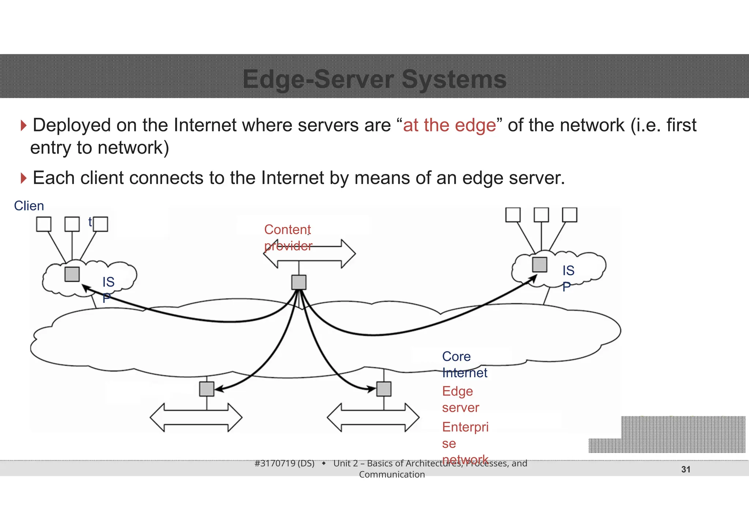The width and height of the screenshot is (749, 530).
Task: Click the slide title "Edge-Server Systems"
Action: tap(374, 79)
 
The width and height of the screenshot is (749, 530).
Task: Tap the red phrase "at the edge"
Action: tap(449, 125)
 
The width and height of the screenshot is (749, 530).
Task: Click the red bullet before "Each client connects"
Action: tap(24, 178)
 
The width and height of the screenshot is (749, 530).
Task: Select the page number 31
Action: tap(686, 469)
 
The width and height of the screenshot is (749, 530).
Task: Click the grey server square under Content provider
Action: tap(299, 282)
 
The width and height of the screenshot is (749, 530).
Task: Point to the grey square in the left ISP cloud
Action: tap(72, 274)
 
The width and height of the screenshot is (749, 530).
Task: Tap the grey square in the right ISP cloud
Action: tap(539, 265)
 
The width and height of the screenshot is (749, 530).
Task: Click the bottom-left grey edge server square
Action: tap(207, 389)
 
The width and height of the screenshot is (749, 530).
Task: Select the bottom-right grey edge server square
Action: tap(384, 389)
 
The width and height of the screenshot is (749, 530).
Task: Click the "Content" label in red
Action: tap(287, 230)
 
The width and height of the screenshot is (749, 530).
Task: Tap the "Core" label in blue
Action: tap(456, 357)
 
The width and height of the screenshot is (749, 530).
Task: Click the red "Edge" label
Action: tap(457, 391)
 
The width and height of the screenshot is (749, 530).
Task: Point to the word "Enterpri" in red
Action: tap(465, 427)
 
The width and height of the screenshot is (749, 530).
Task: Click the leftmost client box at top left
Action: tap(44, 224)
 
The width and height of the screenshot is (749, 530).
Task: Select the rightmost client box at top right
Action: tap(569, 215)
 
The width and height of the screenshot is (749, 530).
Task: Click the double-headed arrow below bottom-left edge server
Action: tap(196, 418)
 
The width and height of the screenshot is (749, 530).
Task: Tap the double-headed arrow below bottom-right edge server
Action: tap(373, 418)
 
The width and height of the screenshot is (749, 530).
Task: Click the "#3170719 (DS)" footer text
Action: tap(284, 463)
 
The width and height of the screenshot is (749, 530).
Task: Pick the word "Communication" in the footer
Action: tap(392, 474)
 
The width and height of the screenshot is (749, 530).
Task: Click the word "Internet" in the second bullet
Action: tap(293, 178)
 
